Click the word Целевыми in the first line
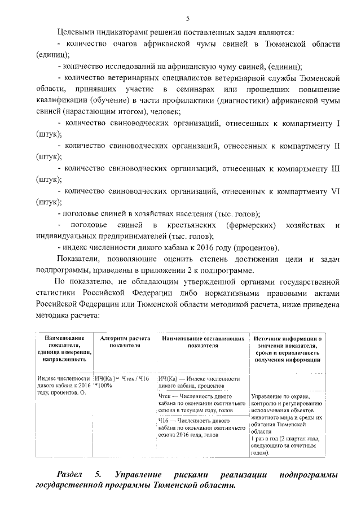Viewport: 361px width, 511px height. pyautogui.click(x=76, y=32)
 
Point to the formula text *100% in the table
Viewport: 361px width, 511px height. pyautogui.click(x=104, y=385)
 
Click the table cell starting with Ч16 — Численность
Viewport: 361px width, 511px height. pyautogui.click(x=193, y=428)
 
